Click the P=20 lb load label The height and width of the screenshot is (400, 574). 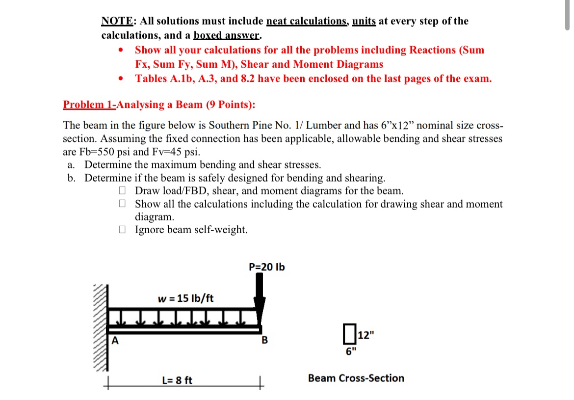[266, 267]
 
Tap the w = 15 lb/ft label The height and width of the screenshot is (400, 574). [186, 298]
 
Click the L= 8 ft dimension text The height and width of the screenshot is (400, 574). [177, 380]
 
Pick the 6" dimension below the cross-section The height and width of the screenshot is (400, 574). [351, 351]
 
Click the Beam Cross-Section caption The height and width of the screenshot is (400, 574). [356, 378]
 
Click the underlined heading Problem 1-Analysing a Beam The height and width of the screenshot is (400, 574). [159, 105]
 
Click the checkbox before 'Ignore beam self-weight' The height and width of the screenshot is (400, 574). [124, 229]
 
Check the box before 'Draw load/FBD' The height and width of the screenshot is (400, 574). [124, 190]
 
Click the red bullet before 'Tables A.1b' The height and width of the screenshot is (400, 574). [120, 79]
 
